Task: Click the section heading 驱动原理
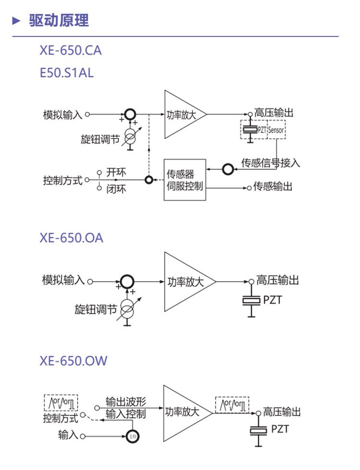59,21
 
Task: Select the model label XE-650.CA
71,50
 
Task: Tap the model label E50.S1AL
67,73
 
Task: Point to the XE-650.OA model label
71,238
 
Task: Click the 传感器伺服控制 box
185,180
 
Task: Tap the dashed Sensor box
276,130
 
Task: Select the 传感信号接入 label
270,163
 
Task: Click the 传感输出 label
273,187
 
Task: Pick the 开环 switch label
116,172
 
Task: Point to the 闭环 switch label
116,189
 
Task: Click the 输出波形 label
126,401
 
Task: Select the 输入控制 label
126,414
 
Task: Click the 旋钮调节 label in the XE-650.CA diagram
100,140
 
